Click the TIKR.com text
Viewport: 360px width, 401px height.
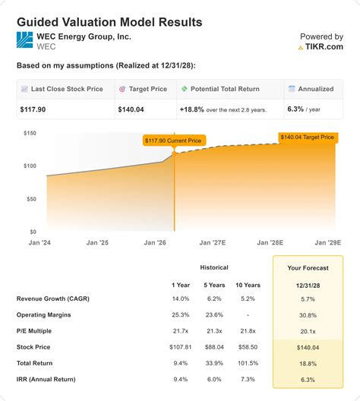tap(323, 47)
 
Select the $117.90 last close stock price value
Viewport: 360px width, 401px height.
tap(35, 109)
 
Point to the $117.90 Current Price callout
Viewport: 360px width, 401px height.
tap(175, 140)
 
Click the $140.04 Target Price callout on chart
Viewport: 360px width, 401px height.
tap(307, 137)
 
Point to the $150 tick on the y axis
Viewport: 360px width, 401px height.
tap(30, 133)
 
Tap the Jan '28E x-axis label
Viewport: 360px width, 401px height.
tap(270, 242)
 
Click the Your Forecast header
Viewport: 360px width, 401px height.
tap(308, 267)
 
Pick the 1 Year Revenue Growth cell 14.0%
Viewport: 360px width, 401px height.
tap(181, 298)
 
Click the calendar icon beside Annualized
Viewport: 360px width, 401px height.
tap(292, 89)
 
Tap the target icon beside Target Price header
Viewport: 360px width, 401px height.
tap(122, 89)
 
